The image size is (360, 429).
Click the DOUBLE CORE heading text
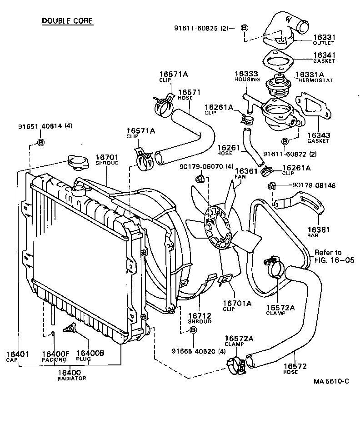[x=67, y=21]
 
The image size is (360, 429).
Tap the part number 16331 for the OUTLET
[x=324, y=37]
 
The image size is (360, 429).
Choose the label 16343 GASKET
[x=318, y=138]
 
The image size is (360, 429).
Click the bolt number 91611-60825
[x=200, y=28]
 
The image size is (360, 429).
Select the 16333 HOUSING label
[x=247, y=76]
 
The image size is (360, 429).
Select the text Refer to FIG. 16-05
[x=328, y=256]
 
